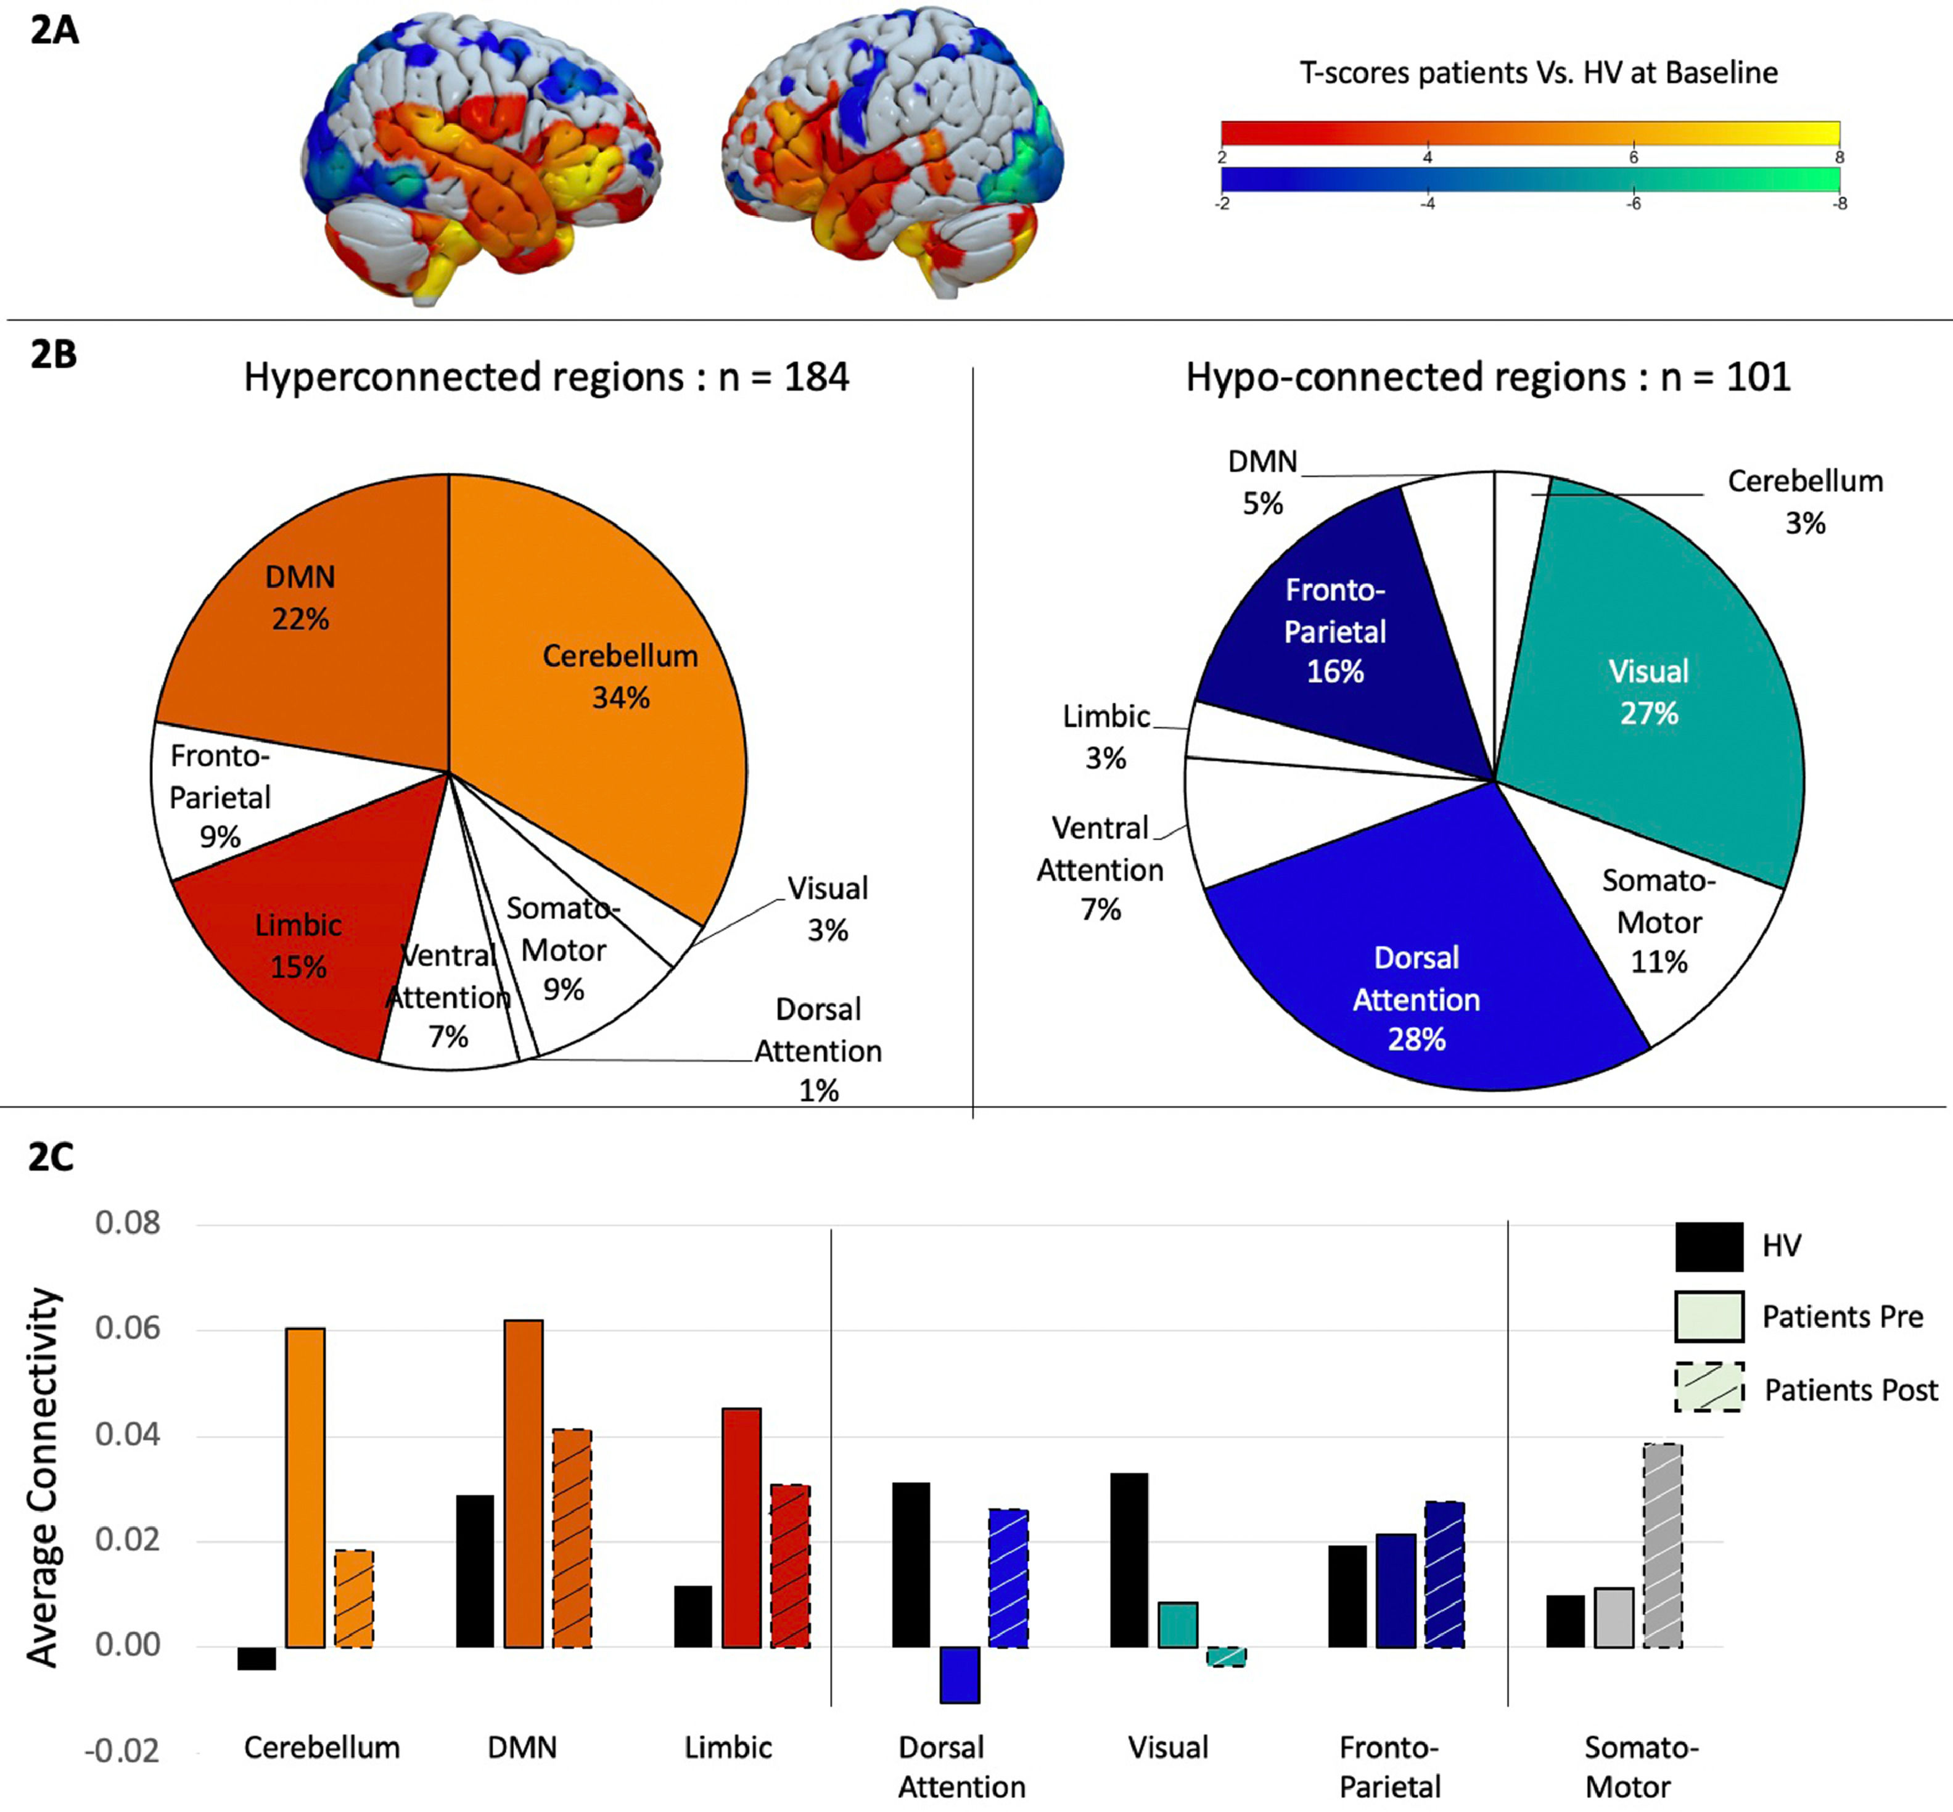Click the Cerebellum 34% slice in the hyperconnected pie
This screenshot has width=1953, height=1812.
tap(608, 686)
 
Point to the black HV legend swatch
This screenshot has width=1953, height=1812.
tap(1709, 1246)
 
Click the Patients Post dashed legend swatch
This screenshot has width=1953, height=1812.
tap(1709, 1387)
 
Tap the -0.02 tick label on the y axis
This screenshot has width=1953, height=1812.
tap(121, 1751)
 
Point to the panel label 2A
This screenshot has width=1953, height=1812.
tap(54, 30)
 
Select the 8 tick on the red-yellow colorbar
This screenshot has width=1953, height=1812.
tap(1839, 157)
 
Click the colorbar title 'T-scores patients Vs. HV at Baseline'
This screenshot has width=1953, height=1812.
tap(1538, 73)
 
